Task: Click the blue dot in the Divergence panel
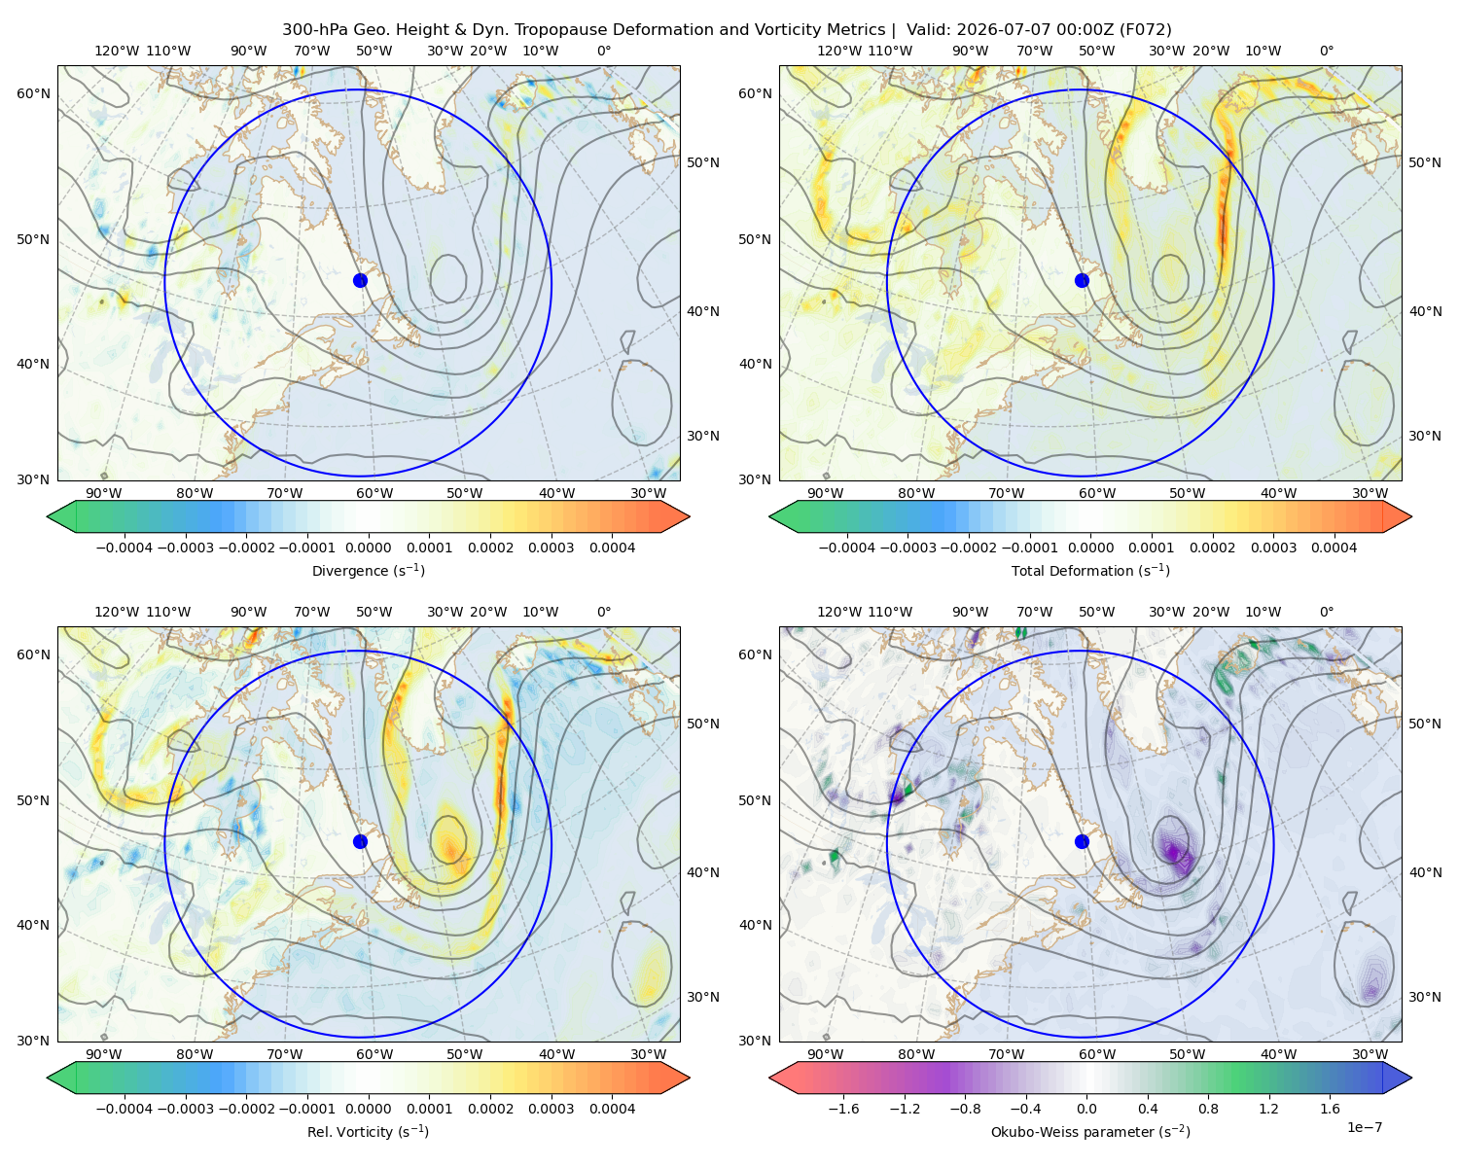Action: pos(360,281)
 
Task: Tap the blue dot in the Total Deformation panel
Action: pos(1082,281)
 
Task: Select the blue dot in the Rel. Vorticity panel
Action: pos(360,841)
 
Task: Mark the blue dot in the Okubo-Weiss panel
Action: pos(1082,841)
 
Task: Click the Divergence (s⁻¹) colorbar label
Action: pos(368,571)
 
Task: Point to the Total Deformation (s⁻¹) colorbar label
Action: pos(1090,571)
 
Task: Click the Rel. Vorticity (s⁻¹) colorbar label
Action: pos(368,1132)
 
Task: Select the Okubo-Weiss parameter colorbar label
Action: pos(1090,1132)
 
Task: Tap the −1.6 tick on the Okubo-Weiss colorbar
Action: pos(843,1109)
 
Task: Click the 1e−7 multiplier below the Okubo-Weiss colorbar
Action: pos(1364,1127)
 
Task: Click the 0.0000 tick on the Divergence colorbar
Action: pos(368,548)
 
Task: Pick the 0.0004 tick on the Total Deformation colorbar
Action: pos(1334,548)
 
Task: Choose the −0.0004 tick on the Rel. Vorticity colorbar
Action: pos(125,1109)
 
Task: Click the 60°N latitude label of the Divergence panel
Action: pos(33,93)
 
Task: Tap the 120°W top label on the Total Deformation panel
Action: pos(839,51)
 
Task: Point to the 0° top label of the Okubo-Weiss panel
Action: pos(1327,612)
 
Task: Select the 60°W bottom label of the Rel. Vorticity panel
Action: pos(374,1054)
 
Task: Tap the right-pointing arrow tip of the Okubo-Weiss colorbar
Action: pos(1411,1078)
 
